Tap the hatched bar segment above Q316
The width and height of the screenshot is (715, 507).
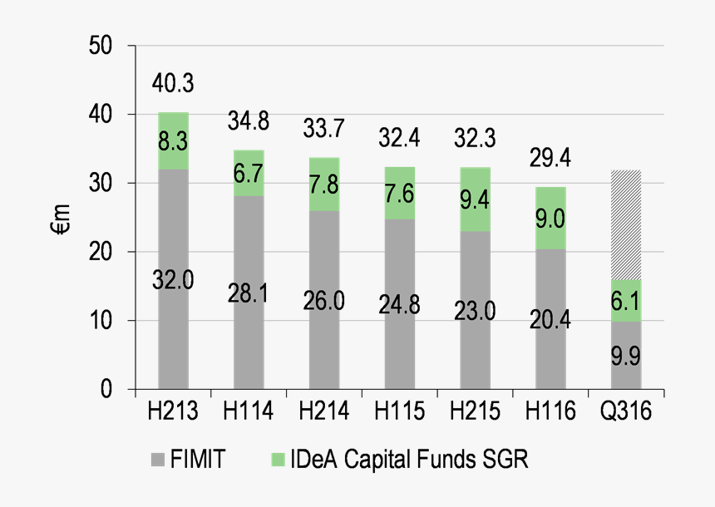625,224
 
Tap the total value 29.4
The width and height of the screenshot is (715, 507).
550,158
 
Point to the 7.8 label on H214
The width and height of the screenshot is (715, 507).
323,185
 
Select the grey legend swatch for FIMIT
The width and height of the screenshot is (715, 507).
158,457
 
